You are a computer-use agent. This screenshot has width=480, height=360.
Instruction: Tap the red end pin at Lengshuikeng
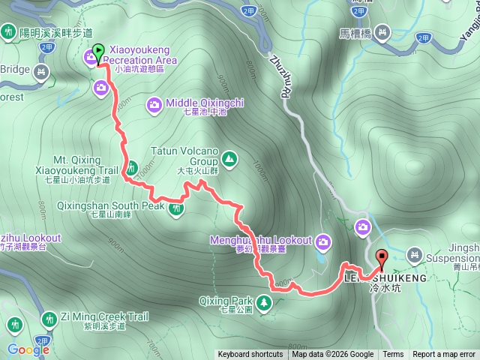tap(381, 259)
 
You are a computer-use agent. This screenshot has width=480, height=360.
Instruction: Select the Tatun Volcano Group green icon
tap(228, 158)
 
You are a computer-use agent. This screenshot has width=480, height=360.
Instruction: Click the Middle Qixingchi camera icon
tap(154, 105)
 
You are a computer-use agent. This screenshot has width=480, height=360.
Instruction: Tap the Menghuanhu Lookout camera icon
tap(323, 241)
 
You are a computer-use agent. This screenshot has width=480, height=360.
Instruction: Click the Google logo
tap(28, 349)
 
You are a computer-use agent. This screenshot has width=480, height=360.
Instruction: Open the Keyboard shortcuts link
tap(250, 355)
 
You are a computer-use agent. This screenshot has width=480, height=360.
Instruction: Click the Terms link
tap(393, 355)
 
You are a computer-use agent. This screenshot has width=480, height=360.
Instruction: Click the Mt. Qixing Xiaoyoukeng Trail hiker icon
tap(132, 167)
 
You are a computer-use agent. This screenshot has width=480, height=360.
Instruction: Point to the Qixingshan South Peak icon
tap(176, 208)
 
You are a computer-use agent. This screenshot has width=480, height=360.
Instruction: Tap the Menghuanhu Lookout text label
tap(261, 241)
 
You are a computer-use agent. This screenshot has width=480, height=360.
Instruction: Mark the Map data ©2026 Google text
tap(333, 355)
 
